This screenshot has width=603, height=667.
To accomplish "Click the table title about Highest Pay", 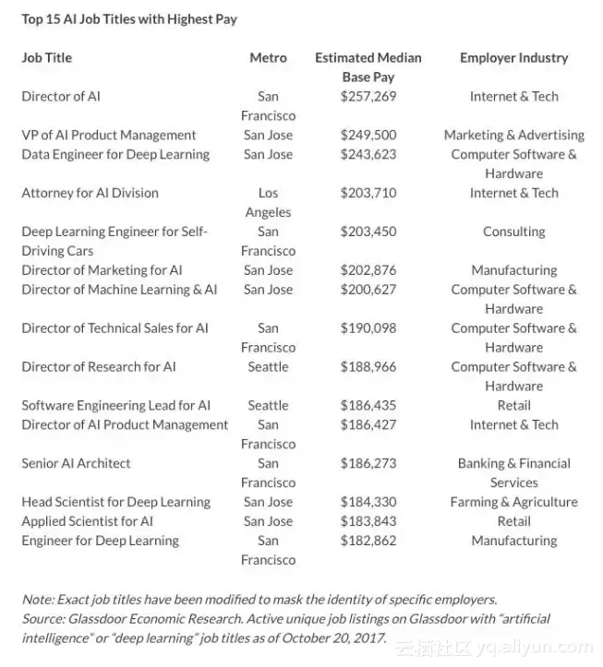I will (x=128, y=18).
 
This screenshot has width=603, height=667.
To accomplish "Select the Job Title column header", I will (x=46, y=57).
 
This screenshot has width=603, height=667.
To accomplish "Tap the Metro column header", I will (x=268, y=57).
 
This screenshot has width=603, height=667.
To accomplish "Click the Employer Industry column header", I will (x=513, y=57).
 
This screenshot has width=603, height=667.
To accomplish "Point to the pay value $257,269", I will (x=368, y=96).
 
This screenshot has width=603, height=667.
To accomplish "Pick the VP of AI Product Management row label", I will (x=109, y=135).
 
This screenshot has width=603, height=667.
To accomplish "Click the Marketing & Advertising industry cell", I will (x=513, y=135).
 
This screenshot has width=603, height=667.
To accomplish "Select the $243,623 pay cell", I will (x=368, y=154).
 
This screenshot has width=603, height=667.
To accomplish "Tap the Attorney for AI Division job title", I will (x=90, y=193).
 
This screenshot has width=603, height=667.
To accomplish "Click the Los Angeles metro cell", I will (x=268, y=202).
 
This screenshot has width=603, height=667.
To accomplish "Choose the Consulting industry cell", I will (x=513, y=232).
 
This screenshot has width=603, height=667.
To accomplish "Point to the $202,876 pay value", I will (x=368, y=270).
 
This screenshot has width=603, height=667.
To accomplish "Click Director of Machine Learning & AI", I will (x=119, y=290).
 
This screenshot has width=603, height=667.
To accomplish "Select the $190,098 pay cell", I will (x=368, y=328).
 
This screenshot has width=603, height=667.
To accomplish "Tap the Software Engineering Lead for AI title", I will (x=115, y=405).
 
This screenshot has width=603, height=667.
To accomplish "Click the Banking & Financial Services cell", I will (x=513, y=472).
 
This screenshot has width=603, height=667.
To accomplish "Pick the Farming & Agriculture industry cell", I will (x=513, y=502).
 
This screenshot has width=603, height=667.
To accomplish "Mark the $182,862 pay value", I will (x=368, y=541).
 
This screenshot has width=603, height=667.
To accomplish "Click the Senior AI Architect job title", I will (x=76, y=463).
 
